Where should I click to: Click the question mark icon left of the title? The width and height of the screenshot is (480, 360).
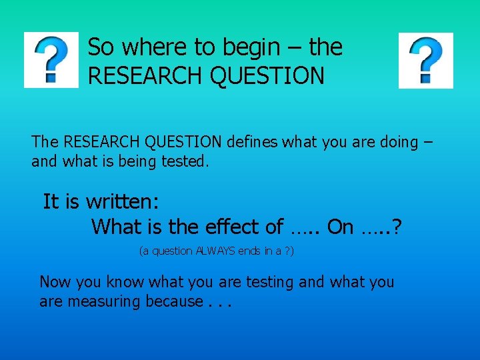point(51,60)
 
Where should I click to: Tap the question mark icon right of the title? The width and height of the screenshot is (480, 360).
point(425,60)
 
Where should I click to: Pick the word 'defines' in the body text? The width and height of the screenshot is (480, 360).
point(253,142)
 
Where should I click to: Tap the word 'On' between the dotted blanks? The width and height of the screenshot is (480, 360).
point(340,227)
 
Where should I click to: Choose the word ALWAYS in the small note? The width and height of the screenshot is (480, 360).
point(214,251)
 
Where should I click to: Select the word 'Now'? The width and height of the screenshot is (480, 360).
point(56,282)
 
